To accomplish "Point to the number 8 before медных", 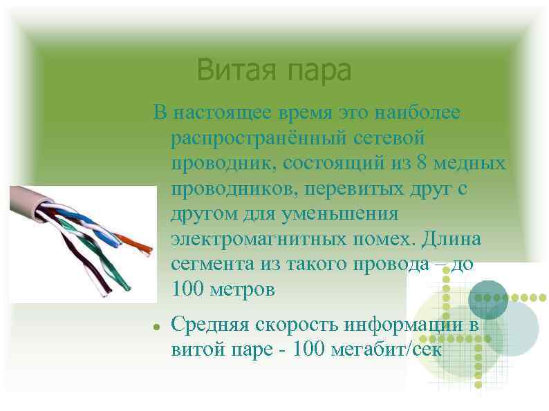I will coord(422,164).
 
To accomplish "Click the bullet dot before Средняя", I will coord(158,325).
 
